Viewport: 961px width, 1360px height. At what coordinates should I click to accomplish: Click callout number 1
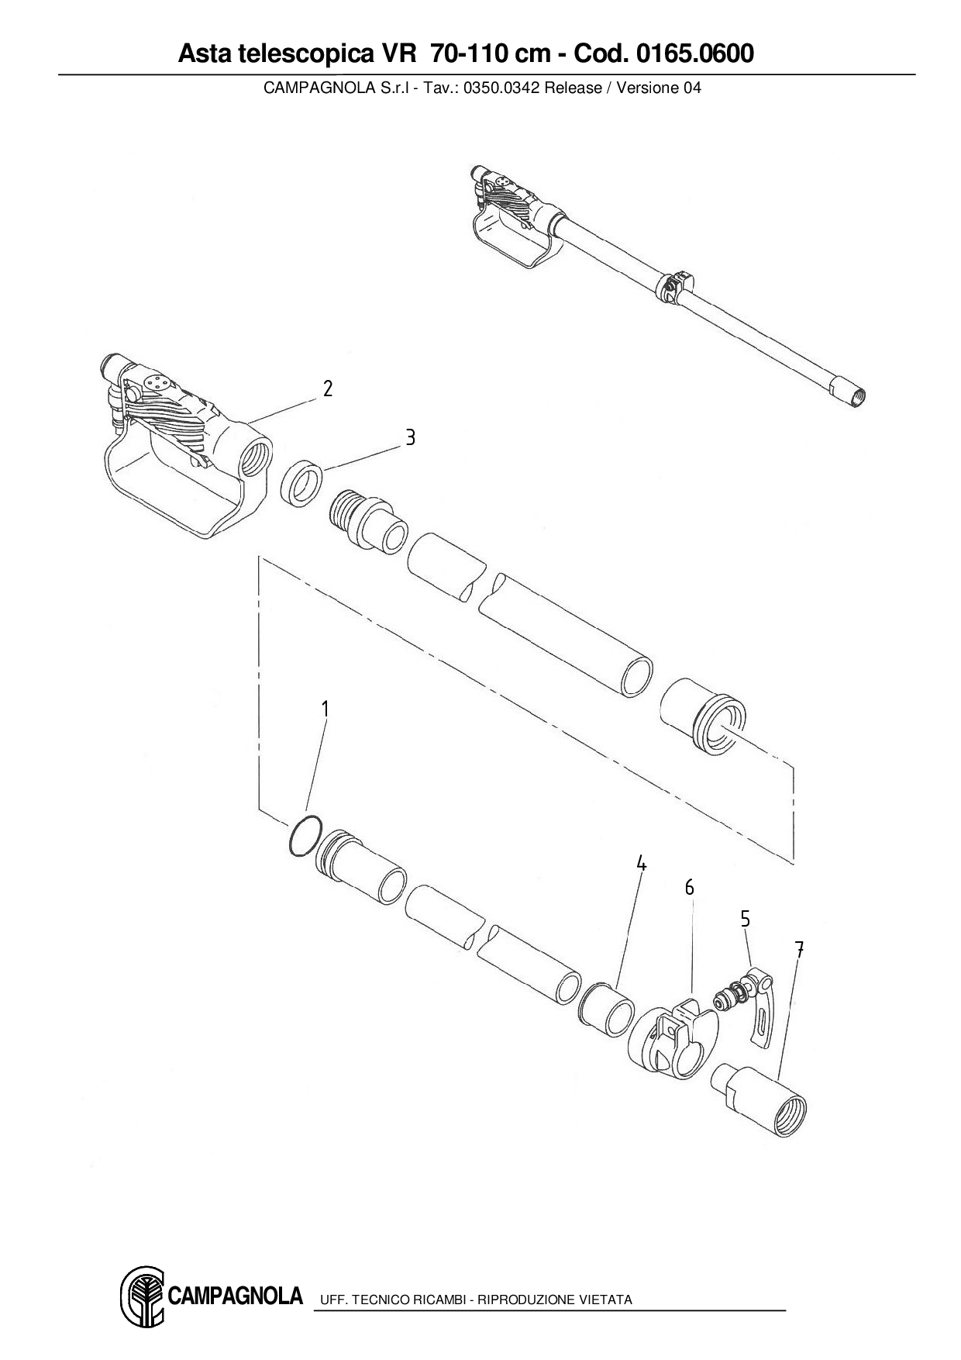[325, 709]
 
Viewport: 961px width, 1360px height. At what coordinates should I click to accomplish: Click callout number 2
[328, 388]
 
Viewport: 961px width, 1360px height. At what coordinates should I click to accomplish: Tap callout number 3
[410, 438]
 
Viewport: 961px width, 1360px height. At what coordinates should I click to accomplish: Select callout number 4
[641, 863]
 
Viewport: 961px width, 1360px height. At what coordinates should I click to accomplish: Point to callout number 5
[745, 919]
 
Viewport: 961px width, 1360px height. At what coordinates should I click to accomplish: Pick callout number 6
[689, 888]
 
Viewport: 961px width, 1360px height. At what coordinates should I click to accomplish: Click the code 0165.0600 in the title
[694, 54]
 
